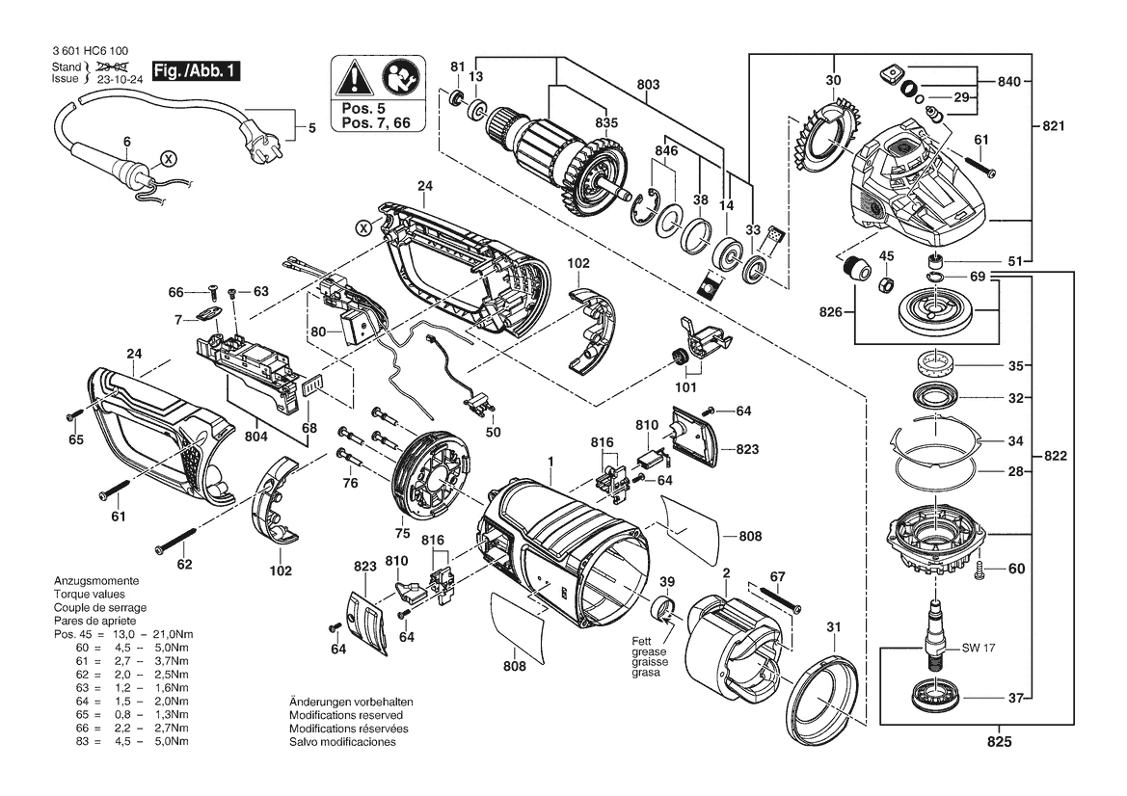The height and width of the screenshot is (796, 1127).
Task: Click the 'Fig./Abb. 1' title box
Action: (196, 70)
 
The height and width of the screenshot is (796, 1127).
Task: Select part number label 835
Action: (605, 122)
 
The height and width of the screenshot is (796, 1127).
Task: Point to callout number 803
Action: (648, 84)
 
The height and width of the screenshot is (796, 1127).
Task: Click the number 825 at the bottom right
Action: (999, 741)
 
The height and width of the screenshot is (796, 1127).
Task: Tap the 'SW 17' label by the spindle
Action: (979, 648)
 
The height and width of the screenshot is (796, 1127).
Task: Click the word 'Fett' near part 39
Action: (642, 642)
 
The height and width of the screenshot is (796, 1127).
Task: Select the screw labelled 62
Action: (175, 541)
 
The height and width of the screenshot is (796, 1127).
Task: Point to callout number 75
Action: (403, 533)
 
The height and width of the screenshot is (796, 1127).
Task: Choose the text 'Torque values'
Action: (89, 595)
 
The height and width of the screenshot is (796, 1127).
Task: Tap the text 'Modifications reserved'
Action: (346, 715)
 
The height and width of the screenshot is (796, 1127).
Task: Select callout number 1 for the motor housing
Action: (550, 461)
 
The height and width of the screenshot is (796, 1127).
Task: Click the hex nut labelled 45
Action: (886, 283)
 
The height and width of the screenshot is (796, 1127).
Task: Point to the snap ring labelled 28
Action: (935, 472)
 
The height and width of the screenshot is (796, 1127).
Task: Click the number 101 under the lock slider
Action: (685, 387)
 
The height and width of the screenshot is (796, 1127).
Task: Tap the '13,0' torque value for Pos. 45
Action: (123, 634)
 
